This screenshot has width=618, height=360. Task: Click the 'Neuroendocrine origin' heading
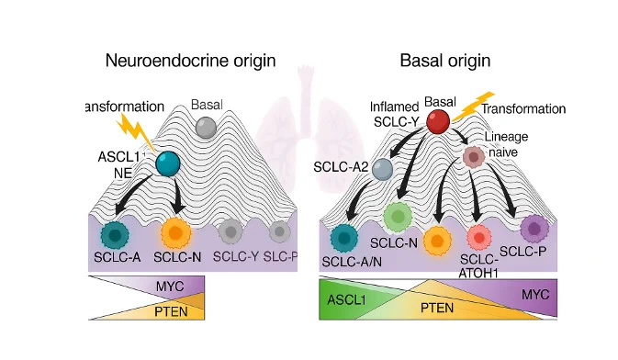point(190,61)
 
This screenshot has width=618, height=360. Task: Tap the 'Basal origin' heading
point(445,61)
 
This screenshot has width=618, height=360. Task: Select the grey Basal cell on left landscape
point(206,128)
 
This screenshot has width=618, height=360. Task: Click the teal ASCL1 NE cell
point(168,163)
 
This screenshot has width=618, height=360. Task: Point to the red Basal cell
point(438,121)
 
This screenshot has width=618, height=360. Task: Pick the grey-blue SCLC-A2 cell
point(382,169)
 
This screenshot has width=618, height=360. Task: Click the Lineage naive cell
point(474,157)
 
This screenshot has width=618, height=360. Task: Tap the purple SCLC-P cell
point(534,229)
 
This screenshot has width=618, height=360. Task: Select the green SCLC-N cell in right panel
point(398,216)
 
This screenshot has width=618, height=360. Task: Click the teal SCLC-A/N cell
point(344,238)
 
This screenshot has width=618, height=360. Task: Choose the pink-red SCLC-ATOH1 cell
point(479,237)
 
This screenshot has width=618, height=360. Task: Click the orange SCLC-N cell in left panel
point(175,232)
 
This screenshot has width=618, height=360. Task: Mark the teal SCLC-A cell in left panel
point(115,235)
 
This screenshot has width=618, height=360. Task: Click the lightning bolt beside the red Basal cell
point(474,106)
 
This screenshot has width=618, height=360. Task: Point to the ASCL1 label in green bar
point(346,300)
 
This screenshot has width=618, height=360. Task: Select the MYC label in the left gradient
point(170,286)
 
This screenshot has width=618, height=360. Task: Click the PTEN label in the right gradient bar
point(437,308)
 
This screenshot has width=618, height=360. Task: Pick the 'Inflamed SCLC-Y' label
point(395,115)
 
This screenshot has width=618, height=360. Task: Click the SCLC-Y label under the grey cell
point(236,257)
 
